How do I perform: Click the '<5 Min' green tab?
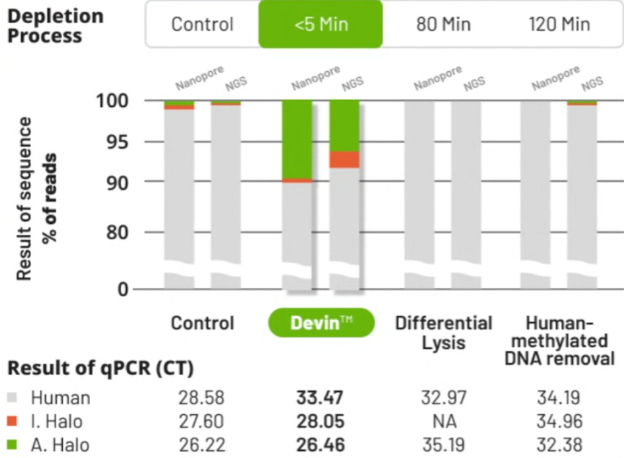coord(321,24)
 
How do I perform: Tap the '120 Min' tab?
coord(559,24)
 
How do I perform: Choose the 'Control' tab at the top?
coord(202,24)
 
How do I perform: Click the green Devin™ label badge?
coord(321,323)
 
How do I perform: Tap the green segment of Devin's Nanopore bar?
coord(297,139)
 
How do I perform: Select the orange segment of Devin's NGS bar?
coord(344,159)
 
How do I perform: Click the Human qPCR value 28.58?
coord(202,398)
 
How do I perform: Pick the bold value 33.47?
coord(320,398)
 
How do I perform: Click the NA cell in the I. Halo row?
coord(443,421)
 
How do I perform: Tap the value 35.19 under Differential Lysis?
coord(443,445)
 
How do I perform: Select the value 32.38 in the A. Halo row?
coord(559,445)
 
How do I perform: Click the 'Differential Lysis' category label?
coord(443,332)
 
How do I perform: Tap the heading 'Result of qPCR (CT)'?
coord(100,369)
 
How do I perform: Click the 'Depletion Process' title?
coord(55,26)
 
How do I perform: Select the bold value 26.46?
coord(320,445)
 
